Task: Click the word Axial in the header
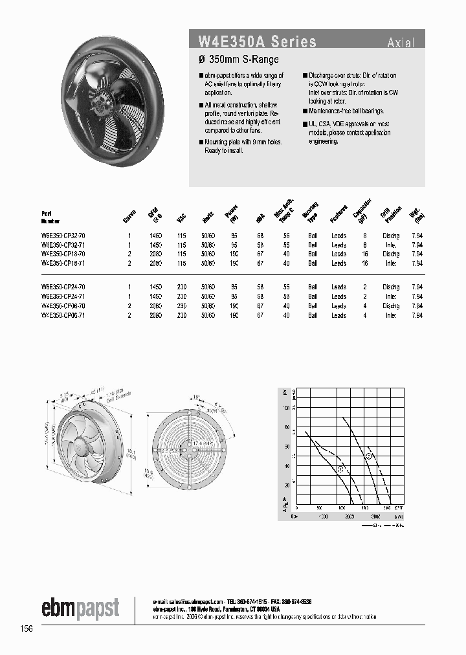pyautogui.click(x=401, y=43)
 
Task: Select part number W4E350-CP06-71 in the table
pyautogui.click(x=63, y=315)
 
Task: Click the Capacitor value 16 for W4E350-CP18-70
pyautogui.click(x=365, y=254)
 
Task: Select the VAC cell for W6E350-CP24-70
pyautogui.click(x=181, y=287)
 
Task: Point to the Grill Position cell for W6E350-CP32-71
pyautogui.click(x=391, y=245)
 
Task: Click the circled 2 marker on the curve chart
pyautogui.click(x=369, y=457)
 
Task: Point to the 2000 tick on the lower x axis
pyautogui.click(x=349, y=517)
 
